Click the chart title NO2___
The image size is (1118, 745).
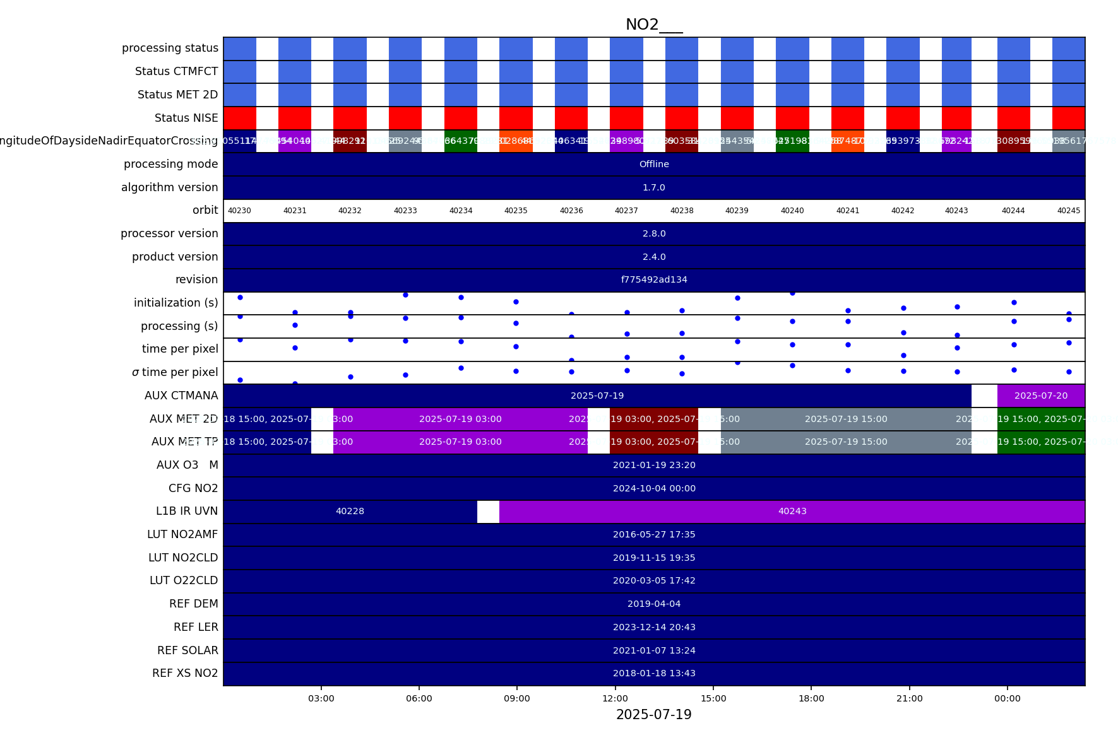pyautogui.click(x=653, y=25)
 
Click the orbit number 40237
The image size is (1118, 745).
pyautogui.click(x=626, y=211)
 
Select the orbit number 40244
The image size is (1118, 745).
pyautogui.click(x=1013, y=211)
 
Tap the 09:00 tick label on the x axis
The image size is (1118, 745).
pyautogui.click(x=517, y=698)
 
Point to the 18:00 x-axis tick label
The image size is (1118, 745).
pyautogui.click(x=811, y=698)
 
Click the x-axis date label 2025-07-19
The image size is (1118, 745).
pyautogui.click(x=653, y=715)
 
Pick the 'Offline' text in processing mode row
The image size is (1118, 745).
pyautogui.click(x=654, y=164)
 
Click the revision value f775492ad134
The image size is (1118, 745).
pyautogui.click(x=654, y=280)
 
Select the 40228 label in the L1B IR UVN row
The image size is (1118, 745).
pyautogui.click(x=350, y=512)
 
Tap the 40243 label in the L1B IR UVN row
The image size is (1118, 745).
pyautogui.click(x=792, y=512)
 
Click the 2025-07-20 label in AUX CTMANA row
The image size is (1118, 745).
pyautogui.click(x=1041, y=396)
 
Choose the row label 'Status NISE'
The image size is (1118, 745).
pyautogui.click(x=186, y=118)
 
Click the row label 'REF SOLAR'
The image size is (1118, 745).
pyautogui.click(x=187, y=650)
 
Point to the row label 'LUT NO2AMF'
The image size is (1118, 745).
pyautogui.click(x=182, y=535)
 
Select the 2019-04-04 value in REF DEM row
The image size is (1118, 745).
pyautogui.click(x=654, y=604)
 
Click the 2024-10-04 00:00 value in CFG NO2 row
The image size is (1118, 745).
pyautogui.click(x=654, y=489)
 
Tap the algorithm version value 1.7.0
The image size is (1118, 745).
pyautogui.click(x=654, y=188)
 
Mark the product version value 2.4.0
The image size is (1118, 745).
pyautogui.click(x=654, y=257)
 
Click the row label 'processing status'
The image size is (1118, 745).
pyautogui.click(x=170, y=49)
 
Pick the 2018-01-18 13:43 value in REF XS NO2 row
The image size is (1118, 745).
pyautogui.click(x=654, y=674)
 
